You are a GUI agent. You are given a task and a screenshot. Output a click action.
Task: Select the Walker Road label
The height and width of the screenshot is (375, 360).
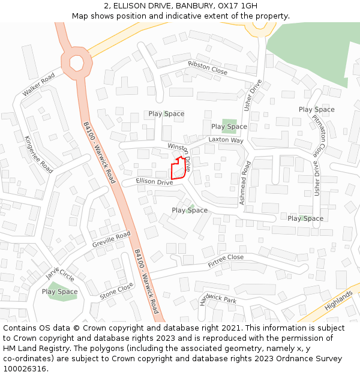(39, 85)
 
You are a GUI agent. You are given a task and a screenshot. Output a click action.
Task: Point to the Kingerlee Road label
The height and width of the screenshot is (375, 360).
(38, 154)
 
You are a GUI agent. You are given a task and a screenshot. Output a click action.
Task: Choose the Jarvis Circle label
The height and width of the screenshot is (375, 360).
(60, 274)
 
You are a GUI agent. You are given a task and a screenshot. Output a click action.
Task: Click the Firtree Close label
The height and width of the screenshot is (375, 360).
(226, 261)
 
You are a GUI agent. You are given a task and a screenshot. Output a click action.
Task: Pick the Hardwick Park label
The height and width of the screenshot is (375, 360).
(218, 299)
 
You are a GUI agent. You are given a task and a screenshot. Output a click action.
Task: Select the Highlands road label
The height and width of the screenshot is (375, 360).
(339, 298)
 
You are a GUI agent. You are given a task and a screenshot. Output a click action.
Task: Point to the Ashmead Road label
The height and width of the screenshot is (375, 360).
(245, 184)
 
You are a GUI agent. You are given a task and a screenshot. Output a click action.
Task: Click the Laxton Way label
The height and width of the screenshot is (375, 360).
(226, 140)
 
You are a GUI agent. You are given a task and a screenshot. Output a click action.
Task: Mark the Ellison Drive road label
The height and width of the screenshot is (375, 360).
(154, 182)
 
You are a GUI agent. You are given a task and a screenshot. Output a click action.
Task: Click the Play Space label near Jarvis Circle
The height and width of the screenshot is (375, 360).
(59, 292)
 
